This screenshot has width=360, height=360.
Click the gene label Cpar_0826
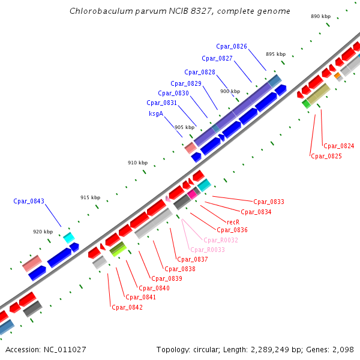(232, 47)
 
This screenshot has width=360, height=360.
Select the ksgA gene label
(156, 113)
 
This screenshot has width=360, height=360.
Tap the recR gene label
(233, 222)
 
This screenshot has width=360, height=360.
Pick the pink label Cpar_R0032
(221, 240)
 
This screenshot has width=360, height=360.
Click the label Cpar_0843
(29, 202)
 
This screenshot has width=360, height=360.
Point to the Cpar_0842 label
(127, 307)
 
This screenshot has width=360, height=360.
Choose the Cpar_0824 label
(339, 146)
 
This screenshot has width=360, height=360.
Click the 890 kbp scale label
(321, 17)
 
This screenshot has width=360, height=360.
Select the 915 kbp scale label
(90, 198)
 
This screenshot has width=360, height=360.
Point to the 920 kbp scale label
(43, 232)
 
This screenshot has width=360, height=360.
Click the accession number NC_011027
(64, 349)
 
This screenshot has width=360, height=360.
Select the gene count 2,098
(341, 349)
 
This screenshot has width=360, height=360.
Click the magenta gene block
(192, 194)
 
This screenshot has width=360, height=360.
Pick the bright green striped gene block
(117, 248)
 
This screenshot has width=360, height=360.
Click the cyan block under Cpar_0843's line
(69, 237)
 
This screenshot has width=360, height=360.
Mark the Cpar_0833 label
(269, 202)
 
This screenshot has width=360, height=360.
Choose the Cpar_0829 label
(186, 83)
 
